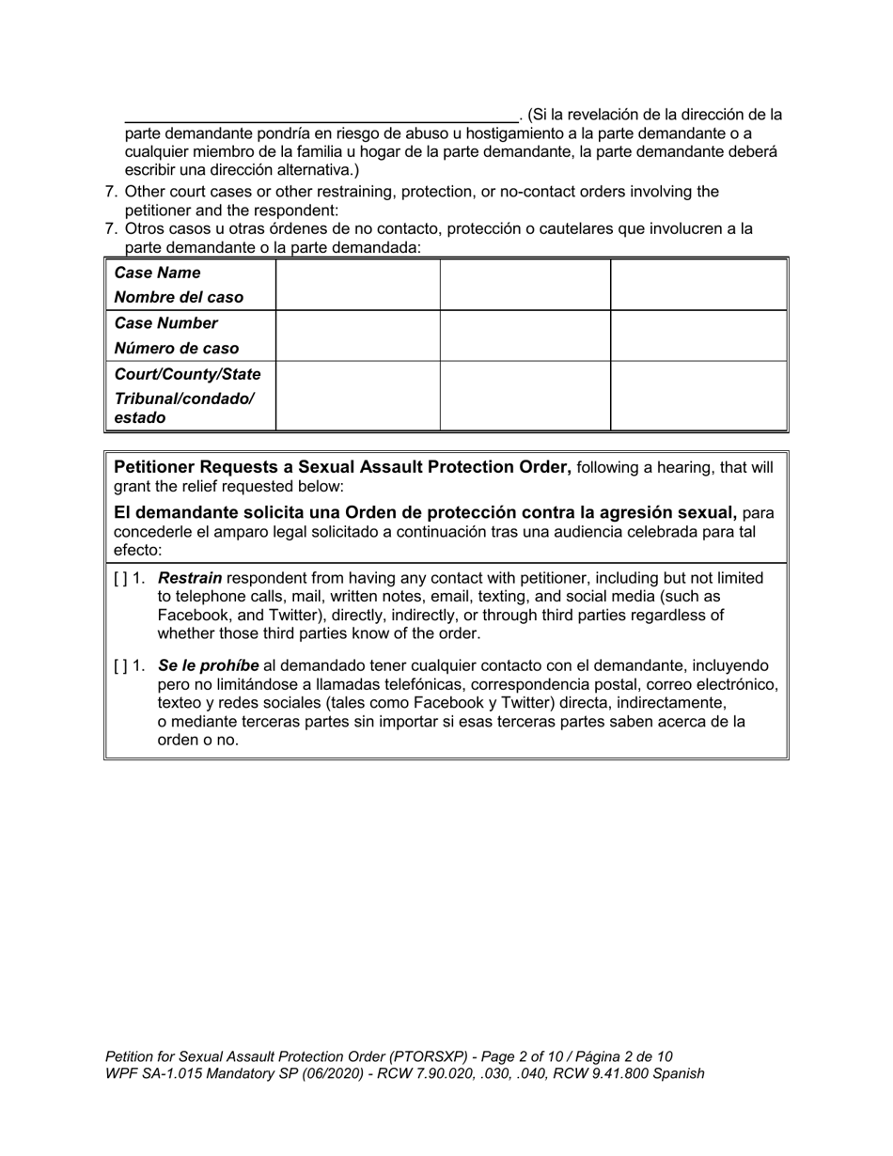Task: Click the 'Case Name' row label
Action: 157,273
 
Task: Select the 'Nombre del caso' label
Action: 179,297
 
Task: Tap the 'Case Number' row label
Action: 165,323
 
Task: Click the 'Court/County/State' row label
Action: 187,374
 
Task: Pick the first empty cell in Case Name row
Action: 357,285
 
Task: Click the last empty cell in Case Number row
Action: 698,336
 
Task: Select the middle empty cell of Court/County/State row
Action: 525,396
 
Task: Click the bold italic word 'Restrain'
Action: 190,578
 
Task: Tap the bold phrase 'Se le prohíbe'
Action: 209,665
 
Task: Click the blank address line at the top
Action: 320,115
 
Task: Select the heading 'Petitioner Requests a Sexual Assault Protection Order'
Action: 342,468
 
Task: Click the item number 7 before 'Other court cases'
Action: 110,192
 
